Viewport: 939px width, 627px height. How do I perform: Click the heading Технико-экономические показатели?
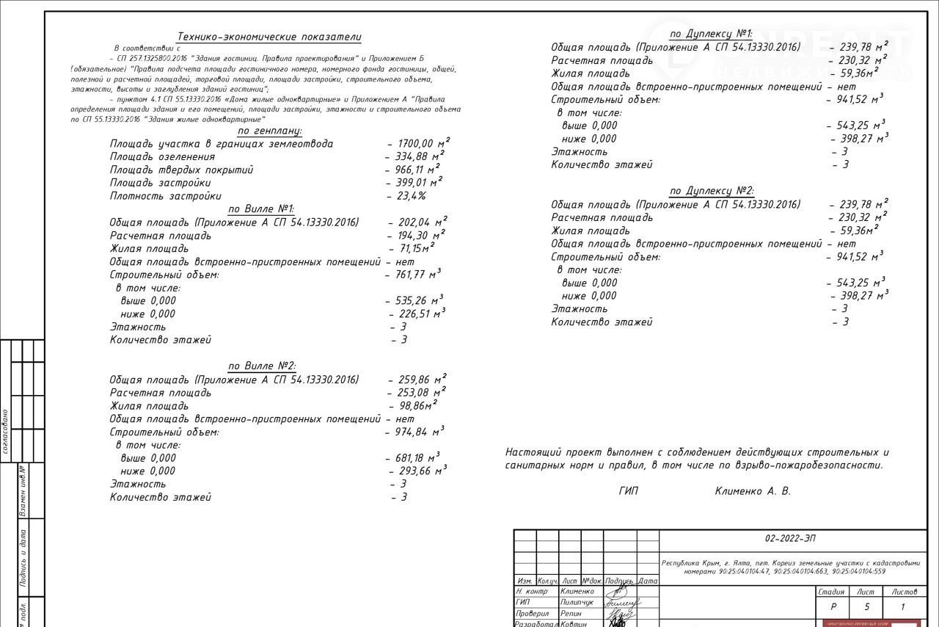click(x=269, y=37)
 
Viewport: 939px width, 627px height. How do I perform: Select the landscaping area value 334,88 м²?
click(x=415, y=156)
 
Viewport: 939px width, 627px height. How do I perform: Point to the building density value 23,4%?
click(x=408, y=196)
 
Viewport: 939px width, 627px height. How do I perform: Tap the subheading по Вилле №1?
click(x=260, y=209)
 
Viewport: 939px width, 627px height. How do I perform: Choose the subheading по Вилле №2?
click(x=260, y=366)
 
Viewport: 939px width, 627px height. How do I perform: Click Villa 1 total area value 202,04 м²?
click(x=418, y=222)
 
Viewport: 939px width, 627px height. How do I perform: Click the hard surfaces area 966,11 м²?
click(x=414, y=170)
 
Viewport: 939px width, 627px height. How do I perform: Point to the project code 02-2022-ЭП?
click(x=789, y=538)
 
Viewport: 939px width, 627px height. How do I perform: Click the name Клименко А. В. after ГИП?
click(x=753, y=491)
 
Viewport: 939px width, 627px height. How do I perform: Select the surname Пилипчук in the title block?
click(x=577, y=602)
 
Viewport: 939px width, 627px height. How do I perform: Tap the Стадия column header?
click(x=831, y=592)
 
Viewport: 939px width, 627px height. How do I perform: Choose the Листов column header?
click(x=904, y=592)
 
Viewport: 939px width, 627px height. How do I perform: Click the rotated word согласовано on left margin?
click(x=6, y=432)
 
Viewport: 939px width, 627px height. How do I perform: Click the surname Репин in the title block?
click(x=571, y=613)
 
